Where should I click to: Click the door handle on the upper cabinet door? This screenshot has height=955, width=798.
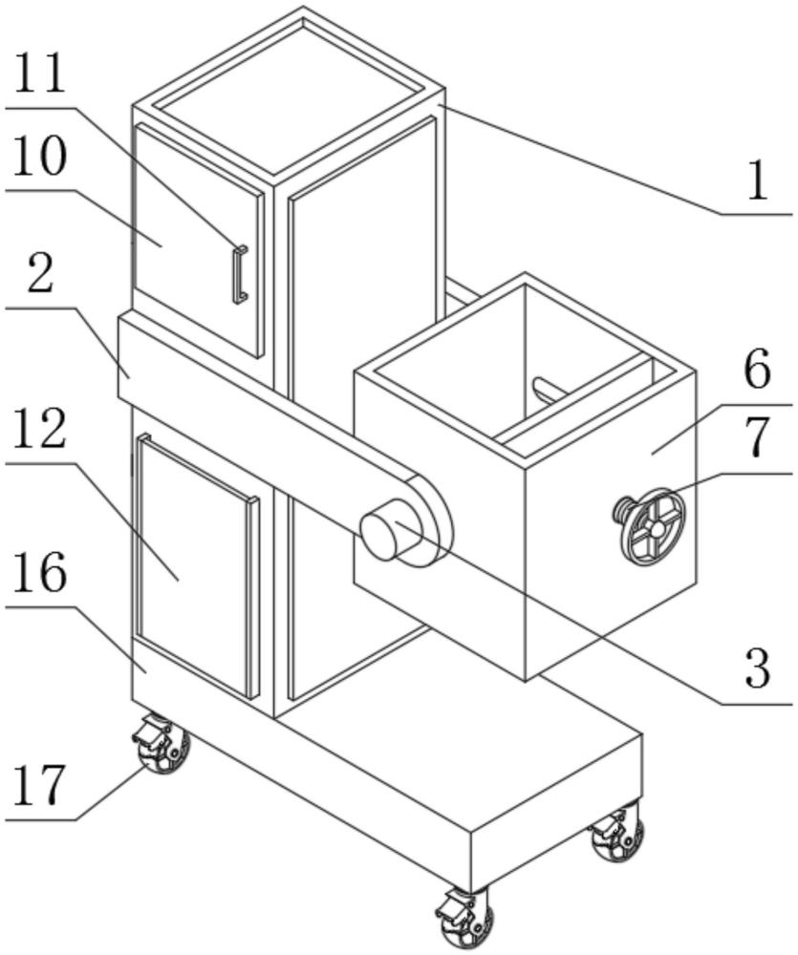tap(240, 274)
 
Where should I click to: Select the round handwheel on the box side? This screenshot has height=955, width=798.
tap(653, 526)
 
